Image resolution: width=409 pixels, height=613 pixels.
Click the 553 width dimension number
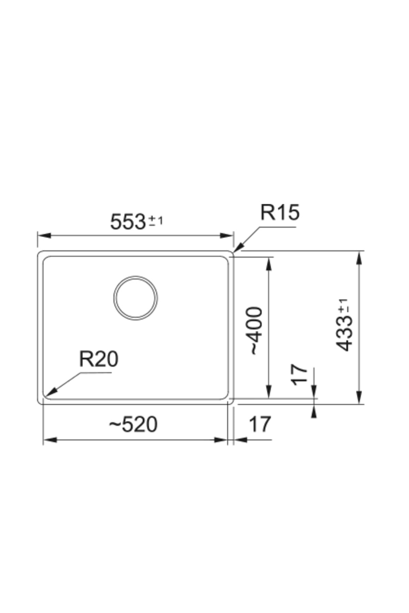(x=128, y=222)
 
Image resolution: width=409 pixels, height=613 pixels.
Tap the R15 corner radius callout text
(x=280, y=213)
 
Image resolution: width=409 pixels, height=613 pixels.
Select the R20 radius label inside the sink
(x=99, y=359)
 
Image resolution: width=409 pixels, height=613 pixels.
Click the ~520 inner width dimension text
(x=133, y=425)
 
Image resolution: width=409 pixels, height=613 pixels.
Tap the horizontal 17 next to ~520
(x=260, y=424)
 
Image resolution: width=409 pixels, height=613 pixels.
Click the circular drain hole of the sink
(x=136, y=298)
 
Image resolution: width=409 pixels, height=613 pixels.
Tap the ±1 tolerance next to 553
(x=156, y=221)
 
